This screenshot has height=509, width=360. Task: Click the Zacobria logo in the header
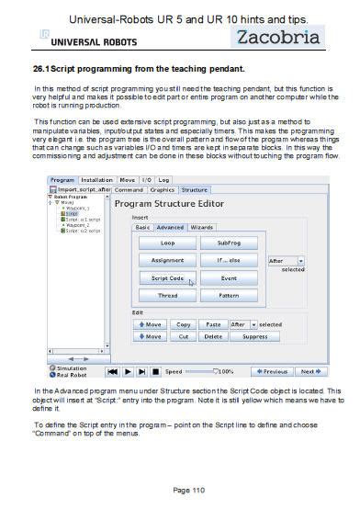(x=277, y=38)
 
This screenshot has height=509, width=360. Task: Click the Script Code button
(x=167, y=277)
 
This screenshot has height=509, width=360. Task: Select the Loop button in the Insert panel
(x=167, y=243)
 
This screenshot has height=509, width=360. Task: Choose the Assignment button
(x=167, y=260)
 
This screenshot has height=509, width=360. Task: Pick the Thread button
(x=167, y=296)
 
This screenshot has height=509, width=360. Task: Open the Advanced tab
(x=170, y=226)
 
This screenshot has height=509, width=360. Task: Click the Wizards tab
(x=202, y=226)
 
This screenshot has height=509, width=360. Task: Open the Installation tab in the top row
(x=96, y=180)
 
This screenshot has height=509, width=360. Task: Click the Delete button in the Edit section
(x=213, y=336)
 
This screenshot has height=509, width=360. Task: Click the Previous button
(x=273, y=371)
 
